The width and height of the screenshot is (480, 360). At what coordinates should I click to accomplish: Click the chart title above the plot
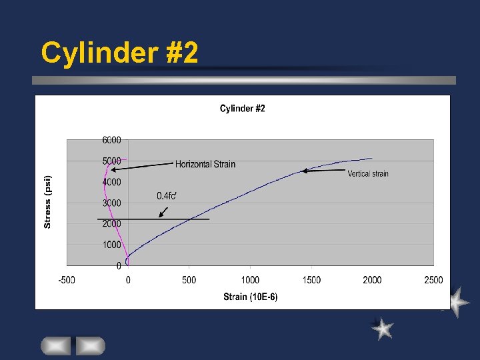coord(243,109)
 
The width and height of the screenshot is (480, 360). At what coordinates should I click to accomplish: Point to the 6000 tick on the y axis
coord(111,140)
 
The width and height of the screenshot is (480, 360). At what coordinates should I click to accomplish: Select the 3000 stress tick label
coord(111,203)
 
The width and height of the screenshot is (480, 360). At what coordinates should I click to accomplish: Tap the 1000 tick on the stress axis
coord(111,245)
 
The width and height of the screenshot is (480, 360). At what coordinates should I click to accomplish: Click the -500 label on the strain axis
coord(66,280)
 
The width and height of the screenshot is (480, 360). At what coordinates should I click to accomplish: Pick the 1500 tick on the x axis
coord(311,280)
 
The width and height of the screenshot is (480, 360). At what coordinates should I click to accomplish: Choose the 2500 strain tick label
coord(433,280)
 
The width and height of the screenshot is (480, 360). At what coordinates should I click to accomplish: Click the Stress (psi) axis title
coord(47,202)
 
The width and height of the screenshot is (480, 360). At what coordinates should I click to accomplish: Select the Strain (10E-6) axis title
coord(251,297)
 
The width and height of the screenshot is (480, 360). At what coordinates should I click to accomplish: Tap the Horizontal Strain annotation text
coord(205,164)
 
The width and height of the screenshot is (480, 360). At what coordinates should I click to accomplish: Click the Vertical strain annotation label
coord(368,174)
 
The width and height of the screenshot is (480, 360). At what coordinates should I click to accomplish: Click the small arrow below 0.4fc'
coord(163,211)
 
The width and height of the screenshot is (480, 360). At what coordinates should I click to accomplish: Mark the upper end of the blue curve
coord(371,159)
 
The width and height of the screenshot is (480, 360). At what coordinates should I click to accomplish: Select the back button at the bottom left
coord(55,346)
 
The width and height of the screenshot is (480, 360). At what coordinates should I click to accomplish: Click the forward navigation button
coord(90,346)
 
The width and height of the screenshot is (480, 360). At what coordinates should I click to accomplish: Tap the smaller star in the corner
coord(383,329)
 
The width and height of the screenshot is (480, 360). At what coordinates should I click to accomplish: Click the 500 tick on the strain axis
coord(189,280)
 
